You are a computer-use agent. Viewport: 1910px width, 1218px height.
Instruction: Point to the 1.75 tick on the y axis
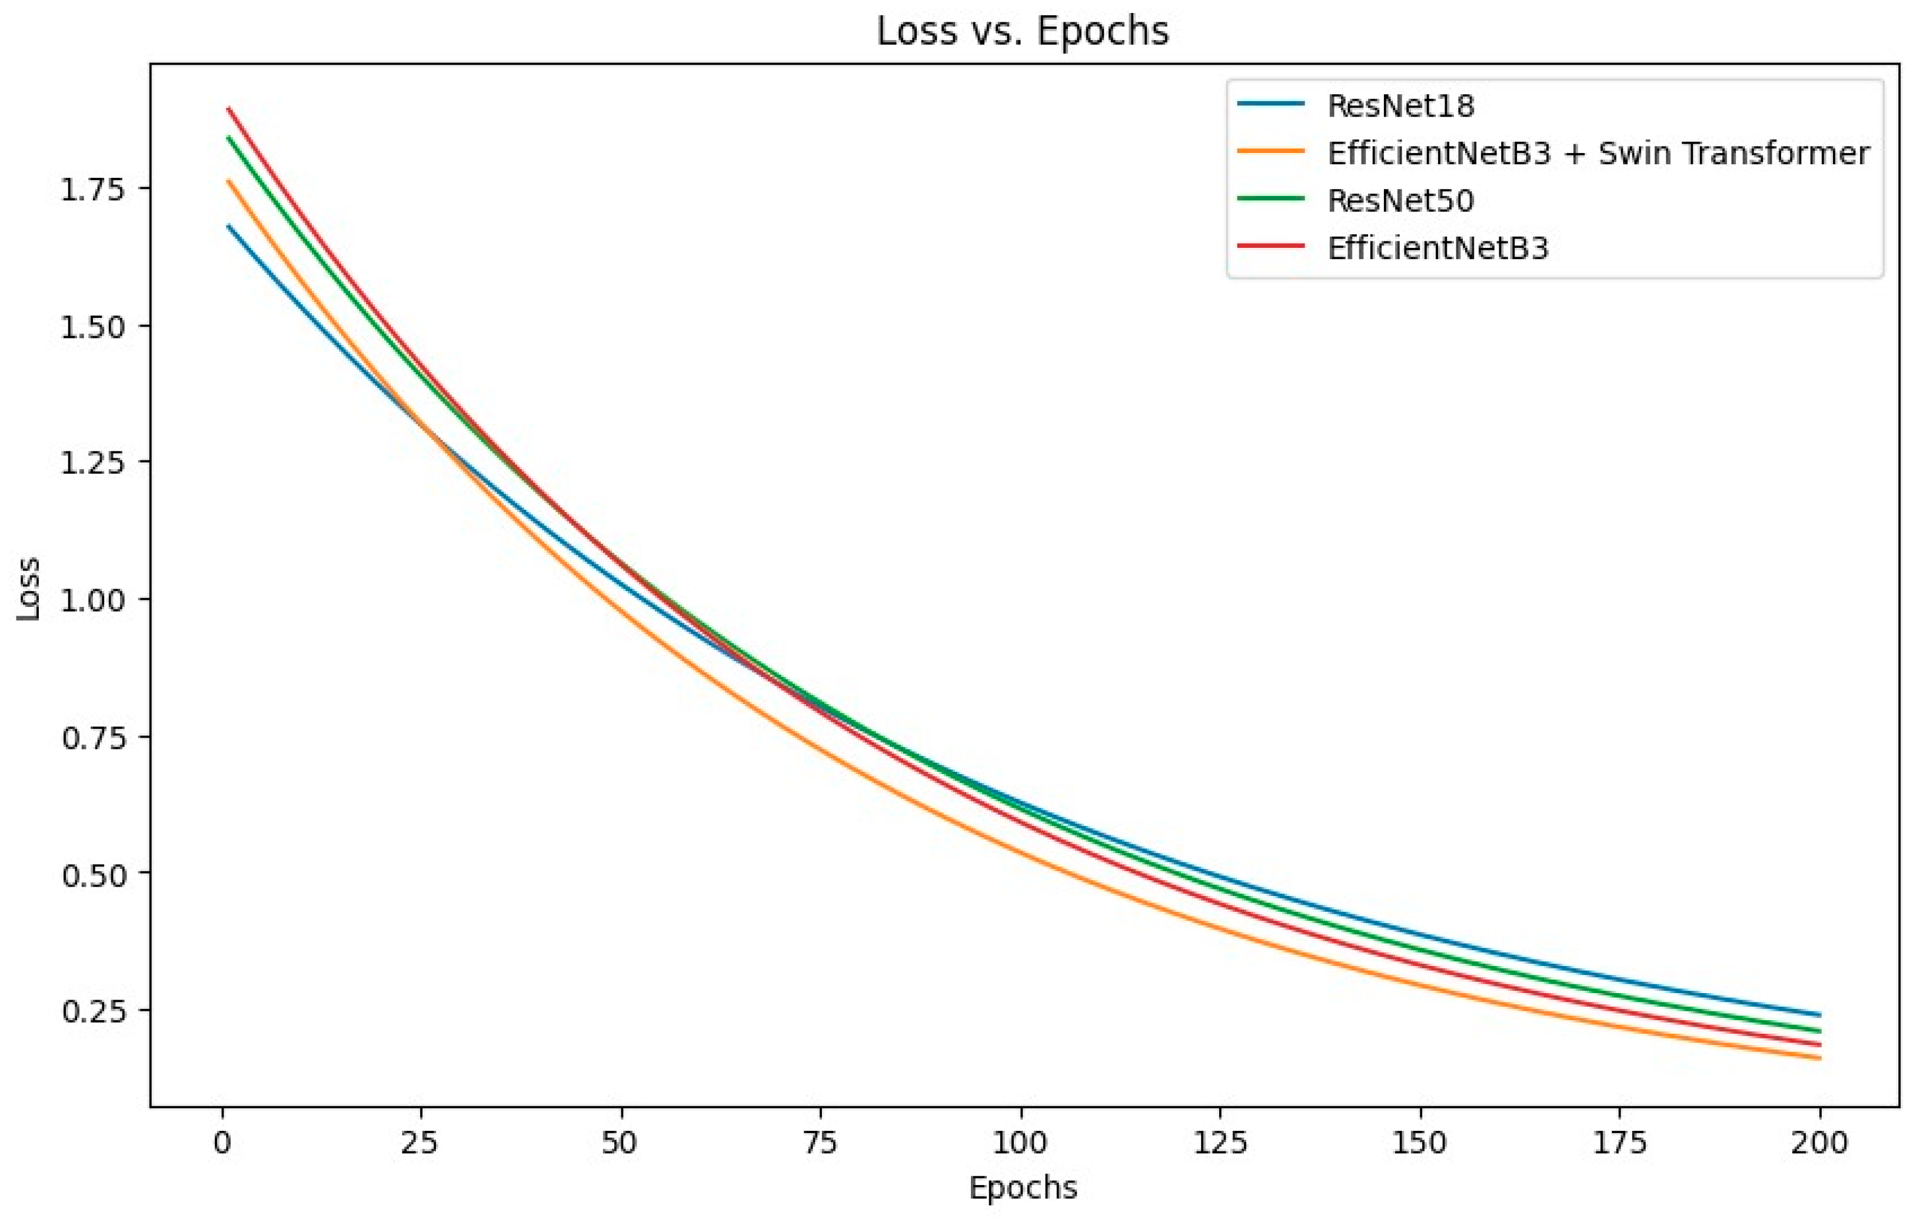93,190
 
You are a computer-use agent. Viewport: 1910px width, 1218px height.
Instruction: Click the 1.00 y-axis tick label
93,600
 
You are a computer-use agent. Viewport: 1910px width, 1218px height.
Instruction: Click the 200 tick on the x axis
1819,1143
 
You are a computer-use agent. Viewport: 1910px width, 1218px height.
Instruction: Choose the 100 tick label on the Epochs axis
1021,1143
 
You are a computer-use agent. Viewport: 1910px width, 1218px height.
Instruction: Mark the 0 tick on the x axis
222,1143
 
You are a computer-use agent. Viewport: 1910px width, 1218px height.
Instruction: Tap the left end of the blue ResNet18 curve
228,225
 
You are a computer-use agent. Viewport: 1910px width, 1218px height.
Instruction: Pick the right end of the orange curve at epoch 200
1819,1058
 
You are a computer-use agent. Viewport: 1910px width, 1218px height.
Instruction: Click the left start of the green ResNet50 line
228,137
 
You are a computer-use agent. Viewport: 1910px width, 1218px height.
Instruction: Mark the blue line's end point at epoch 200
1819,1015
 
